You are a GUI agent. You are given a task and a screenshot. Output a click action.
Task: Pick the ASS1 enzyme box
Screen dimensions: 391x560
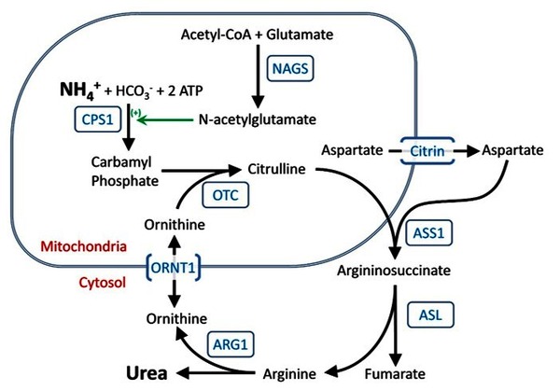pyautogui.click(x=431, y=230)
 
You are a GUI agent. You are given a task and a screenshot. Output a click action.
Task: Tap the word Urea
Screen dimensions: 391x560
pyautogui.click(x=147, y=372)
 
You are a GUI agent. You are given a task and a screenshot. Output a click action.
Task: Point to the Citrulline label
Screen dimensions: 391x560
pyautogui.click(x=277, y=169)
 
